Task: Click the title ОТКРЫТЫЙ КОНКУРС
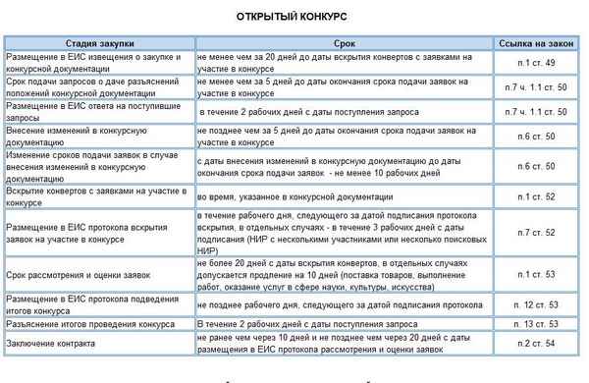(292, 18)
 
